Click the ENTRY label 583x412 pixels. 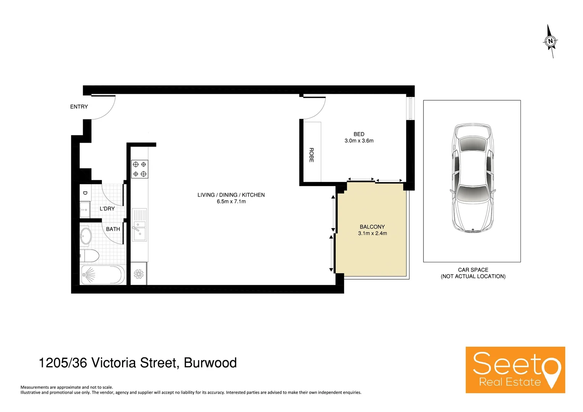coord(79,107)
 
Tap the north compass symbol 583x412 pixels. coord(550,41)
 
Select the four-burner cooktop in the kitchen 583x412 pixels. coord(139,169)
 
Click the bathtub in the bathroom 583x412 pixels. coord(103,275)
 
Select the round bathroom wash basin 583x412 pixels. coord(85,236)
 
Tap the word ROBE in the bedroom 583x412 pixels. coord(311,155)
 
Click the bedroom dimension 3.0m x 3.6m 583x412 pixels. coord(359,141)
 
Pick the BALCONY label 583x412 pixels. coord(372,227)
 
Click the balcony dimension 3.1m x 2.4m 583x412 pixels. coord(372,233)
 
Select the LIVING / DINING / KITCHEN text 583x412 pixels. coord(231,195)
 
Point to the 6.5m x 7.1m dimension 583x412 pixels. coord(231,201)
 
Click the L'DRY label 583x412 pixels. coord(107,209)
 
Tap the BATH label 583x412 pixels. coord(113,229)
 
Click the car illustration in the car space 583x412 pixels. coord(472,178)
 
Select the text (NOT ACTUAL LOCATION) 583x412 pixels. coord(473,277)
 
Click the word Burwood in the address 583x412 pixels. coord(210,363)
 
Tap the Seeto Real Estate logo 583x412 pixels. coord(515,370)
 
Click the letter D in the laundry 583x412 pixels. coord(85,193)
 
